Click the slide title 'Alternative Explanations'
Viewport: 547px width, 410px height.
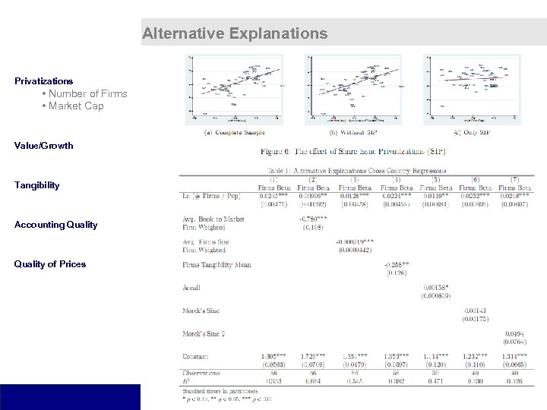coord(235,33)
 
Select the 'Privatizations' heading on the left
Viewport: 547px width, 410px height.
coord(44,80)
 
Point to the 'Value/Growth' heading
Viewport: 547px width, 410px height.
coord(44,145)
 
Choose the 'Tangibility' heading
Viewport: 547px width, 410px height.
coord(37,184)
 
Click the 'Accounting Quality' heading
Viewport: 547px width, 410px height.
coord(56,224)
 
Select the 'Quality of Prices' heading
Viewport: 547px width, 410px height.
coord(50,263)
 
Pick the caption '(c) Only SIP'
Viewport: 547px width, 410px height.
coord(473,132)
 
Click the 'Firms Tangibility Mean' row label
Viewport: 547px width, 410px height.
coord(217,264)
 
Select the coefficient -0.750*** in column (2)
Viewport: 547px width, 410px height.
coord(312,219)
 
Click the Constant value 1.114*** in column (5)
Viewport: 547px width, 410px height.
coord(434,355)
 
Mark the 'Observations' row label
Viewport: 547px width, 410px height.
coord(201,372)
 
